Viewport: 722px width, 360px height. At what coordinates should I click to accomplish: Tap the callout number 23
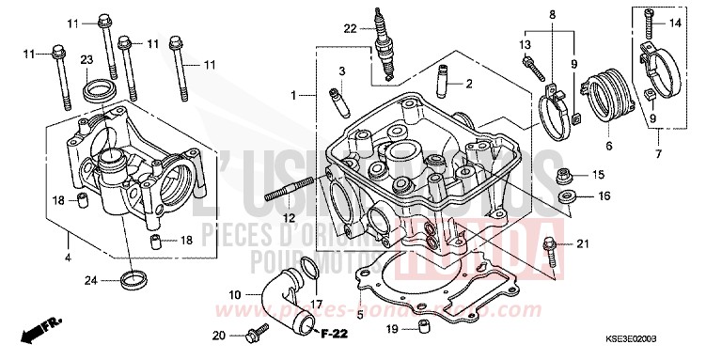pos(86,60)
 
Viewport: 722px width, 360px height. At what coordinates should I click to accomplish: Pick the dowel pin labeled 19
pos(424,327)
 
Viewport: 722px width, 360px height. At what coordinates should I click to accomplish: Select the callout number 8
pos(552,15)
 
